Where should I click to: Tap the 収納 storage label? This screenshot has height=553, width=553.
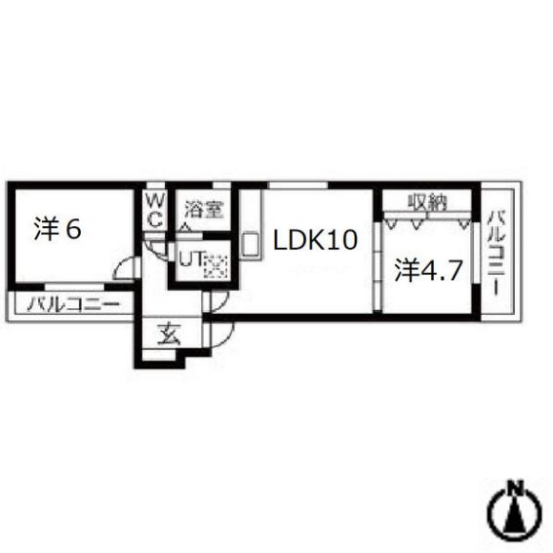pyautogui.click(x=427, y=203)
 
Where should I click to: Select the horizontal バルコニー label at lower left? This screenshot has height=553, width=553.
pyautogui.click(x=73, y=304)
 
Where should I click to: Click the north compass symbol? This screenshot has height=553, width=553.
pyautogui.click(x=516, y=513)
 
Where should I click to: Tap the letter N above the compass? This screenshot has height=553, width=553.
pyautogui.click(x=516, y=487)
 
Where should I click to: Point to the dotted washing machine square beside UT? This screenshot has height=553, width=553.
pyautogui.click(x=215, y=263)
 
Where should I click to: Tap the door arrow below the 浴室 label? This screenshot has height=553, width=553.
pyautogui.click(x=184, y=228)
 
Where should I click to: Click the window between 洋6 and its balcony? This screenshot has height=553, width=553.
pyautogui.click(x=73, y=288)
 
